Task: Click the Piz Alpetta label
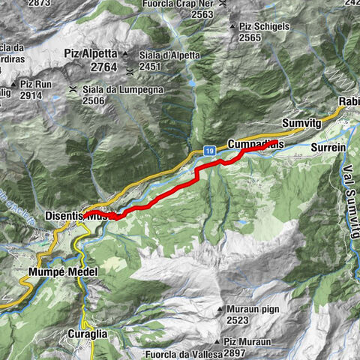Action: click(x=88, y=55)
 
